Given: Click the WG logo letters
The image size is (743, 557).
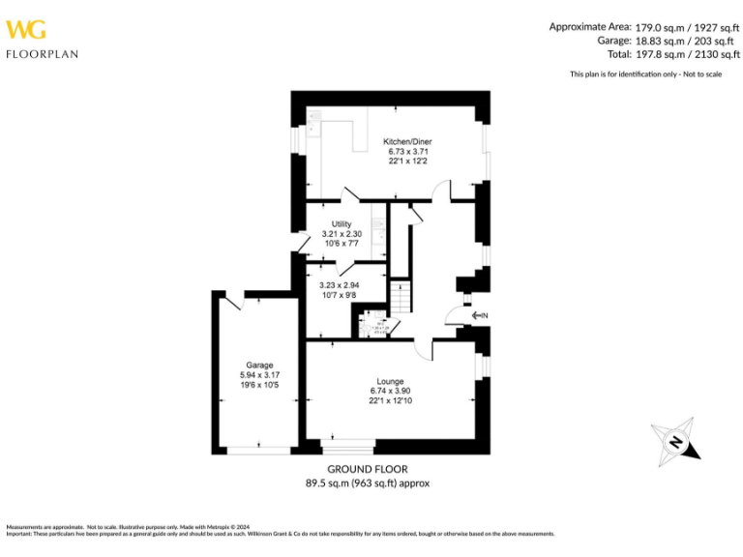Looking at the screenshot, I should coord(26,29).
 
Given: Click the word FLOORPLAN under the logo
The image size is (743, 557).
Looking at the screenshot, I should coord(42,54).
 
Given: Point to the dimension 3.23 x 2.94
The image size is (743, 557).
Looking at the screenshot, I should coord(340,285).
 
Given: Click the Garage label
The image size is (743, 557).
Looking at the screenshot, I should coord(258,366).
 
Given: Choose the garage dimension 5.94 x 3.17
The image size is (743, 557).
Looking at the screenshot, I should coord(258,375).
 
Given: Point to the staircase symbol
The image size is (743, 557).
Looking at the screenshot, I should coord(399,296).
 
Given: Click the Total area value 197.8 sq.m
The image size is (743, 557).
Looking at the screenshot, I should coord(659,56).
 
